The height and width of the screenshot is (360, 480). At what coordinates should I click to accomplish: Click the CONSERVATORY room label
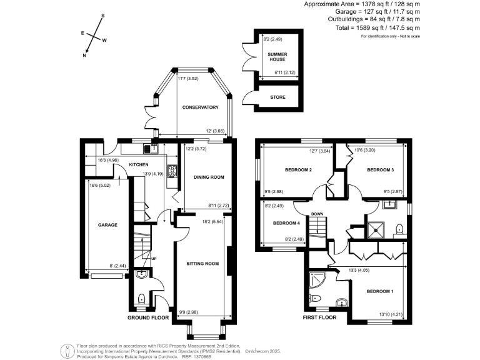200,107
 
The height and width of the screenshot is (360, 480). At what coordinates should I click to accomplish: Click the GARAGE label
99,225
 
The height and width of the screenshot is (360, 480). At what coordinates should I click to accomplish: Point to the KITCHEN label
138,164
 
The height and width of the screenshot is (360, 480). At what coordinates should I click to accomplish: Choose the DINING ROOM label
208,177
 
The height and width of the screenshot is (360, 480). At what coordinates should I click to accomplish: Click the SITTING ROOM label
202,264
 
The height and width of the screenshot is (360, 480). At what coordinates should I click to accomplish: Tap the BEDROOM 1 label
380,292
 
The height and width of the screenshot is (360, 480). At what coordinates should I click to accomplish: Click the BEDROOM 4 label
286,222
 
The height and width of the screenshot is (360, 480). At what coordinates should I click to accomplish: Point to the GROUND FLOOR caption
149,317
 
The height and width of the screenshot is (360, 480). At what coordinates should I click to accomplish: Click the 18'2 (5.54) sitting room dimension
211,221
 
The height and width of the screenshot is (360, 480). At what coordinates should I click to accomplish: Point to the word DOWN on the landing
317,214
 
